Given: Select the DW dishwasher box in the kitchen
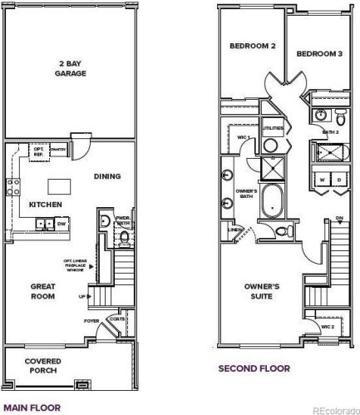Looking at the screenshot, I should click(x=62, y=223).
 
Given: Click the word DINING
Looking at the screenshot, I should click(x=108, y=175).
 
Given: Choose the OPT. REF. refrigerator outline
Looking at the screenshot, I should click(x=38, y=151).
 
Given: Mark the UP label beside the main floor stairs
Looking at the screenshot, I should click(x=81, y=296).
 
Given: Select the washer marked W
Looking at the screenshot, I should click(x=321, y=180).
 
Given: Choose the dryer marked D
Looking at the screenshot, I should click(x=339, y=180).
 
